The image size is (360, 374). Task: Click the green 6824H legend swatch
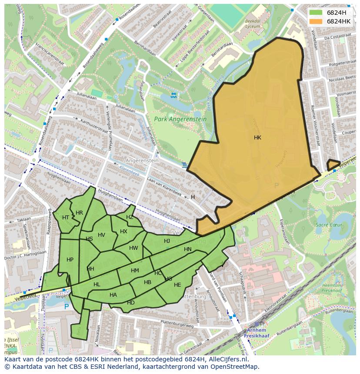(x=316, y=13)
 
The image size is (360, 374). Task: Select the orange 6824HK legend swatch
(x=316, y=21)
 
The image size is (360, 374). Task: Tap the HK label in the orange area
(x=257, y=138)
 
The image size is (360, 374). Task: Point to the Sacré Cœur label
(x=329, y=225)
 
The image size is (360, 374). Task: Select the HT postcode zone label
(x=66, y=218)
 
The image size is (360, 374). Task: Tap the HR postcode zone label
(x=79, y=213)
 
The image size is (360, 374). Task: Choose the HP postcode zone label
(x=70, y=260)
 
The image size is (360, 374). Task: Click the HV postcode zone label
(x=101, y=235)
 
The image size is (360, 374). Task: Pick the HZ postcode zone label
(x=130, y=217)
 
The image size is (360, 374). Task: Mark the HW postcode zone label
(x=133, y=248)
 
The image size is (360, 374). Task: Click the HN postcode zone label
(x=188, y=249)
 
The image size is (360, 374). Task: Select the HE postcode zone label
(x=177, y=285)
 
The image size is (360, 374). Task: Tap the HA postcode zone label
(x=113, y=295)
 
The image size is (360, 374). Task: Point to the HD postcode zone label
(x=131, y=303)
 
